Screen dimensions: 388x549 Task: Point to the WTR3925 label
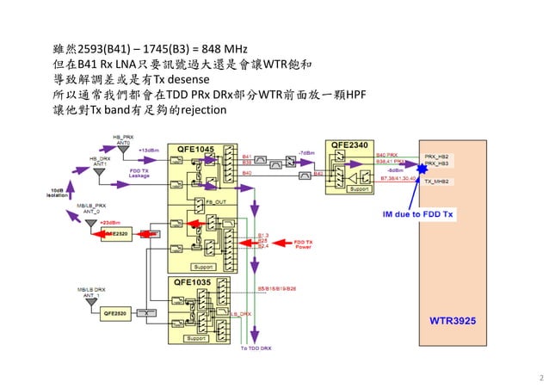(x=452, y=320)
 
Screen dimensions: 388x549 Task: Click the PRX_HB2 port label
(x=436, y=157)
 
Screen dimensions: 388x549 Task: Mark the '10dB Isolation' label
(x=58, y=192)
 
